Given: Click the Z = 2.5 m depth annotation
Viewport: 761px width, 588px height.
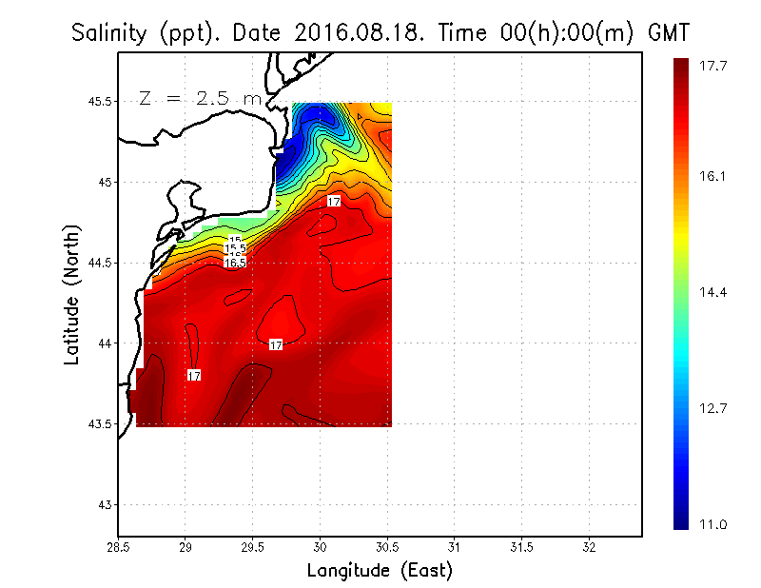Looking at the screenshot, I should coord(200,98).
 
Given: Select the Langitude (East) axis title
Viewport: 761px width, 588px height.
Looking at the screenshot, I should coord(380,571).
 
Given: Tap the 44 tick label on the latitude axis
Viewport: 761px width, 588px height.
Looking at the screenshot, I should coord(103,343).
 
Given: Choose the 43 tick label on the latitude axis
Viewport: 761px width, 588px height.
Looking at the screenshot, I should coord(103,504).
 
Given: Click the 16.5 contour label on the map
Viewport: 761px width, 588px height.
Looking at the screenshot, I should coord(235,262).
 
